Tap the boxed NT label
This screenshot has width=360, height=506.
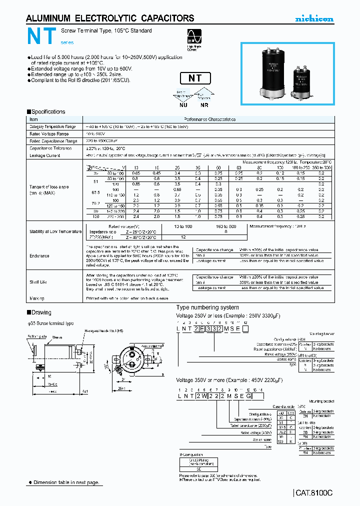(x=194, y=78)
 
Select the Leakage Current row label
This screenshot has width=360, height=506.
(x=45, y=155)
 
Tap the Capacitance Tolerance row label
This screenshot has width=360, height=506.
(x=51, y=148)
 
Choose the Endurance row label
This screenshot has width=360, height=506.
(x=39, y=255)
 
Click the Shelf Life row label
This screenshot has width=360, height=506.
(x=39, y=282)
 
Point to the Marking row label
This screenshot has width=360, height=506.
(x=37, y=298)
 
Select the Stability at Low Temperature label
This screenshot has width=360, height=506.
(x=55, y=231)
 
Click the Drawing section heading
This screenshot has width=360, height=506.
(x=40, y=312)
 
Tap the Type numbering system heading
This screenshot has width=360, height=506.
(x=207, y=307)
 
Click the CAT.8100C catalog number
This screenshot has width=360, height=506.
(x=313, y=492)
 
